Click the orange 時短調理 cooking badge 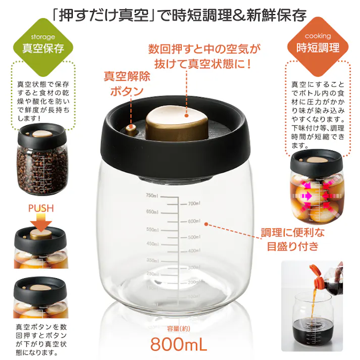pyautogui.click(x=318, y=45)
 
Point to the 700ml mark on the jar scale pyautogui.click(x=194, y=203)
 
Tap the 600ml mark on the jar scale pyautogui.click(x=194, y=221)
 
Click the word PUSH pyautogui.click(x=41, y=208)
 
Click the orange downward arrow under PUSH pyautogui.click(x=41, y=222)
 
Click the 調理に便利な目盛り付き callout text pyautogui.click(x=293, y=239)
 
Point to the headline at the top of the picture pyautogui.click(x=180, y=14)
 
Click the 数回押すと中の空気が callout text pyautogui.click(x=204, y=49)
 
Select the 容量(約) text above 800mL pyautogui.click(x=178, y=328)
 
